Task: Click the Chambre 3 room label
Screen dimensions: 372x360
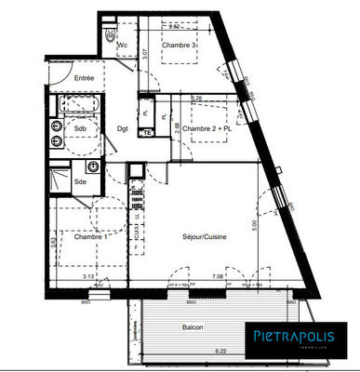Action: (x=180, y=46)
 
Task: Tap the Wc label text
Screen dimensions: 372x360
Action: (x=121, y=45)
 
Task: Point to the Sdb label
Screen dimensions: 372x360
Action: (x=68, y=128)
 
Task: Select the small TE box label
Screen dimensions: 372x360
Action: (x=146, y=134)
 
